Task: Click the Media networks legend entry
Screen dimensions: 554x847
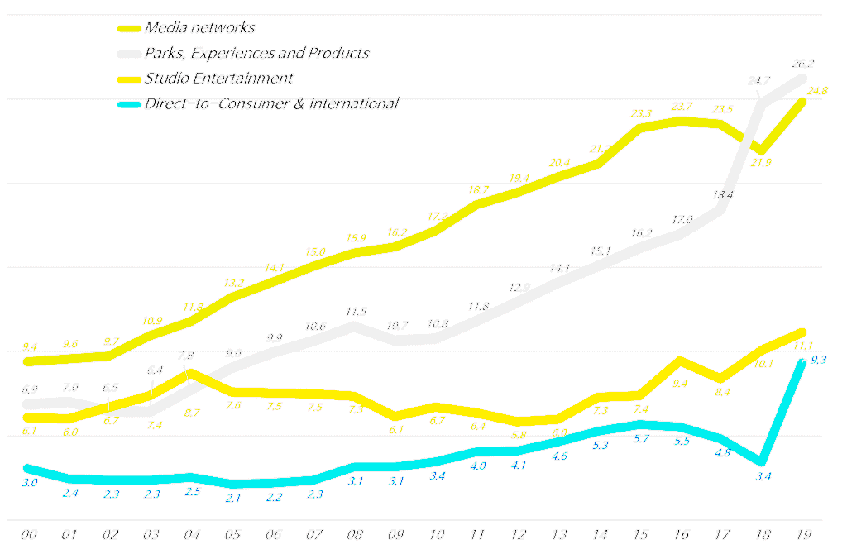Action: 199,28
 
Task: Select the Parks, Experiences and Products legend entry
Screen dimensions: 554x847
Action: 256,54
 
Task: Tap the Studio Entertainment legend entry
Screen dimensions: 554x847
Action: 218,79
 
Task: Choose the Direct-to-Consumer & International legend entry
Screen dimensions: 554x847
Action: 271,103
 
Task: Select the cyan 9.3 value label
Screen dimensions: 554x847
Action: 819,360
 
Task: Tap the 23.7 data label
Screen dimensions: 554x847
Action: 682,106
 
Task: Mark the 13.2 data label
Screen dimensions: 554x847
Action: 236,283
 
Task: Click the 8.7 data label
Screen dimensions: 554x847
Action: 191,412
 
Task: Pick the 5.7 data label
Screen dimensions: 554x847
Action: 641,439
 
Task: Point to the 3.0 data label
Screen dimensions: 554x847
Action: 29,482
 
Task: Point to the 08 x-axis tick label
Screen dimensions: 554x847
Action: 355,535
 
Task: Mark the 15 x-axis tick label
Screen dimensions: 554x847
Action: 639,535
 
